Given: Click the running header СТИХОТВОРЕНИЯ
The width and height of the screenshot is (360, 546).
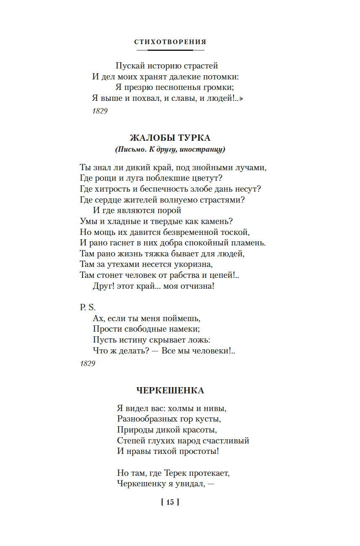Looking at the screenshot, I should [170, 42].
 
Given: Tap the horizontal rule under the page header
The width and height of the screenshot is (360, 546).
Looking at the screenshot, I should [170, 50].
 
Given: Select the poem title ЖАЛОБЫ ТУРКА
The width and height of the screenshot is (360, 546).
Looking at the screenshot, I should [170, 138].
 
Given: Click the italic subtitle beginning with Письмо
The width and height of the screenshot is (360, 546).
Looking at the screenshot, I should [170, 149].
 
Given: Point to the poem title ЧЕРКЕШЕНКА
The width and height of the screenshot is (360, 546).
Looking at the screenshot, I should [170, 390].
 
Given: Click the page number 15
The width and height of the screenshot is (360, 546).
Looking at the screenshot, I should [170, 502].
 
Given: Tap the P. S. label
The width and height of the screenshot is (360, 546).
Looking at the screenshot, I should [88, 308].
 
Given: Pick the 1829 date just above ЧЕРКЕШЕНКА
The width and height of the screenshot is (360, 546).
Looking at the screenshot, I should [88, 363].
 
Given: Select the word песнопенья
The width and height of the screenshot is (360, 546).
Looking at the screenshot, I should [184, 88].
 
